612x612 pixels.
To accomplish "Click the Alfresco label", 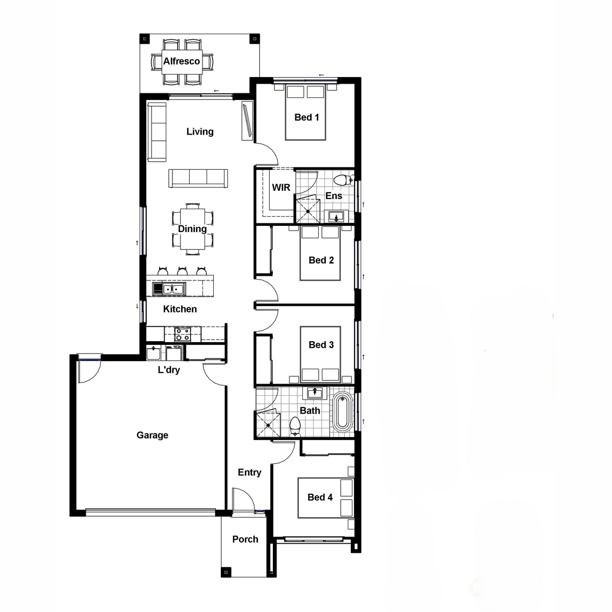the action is point(182,61).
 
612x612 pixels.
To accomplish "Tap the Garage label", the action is point(152,435).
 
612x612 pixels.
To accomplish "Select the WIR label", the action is point(281,187).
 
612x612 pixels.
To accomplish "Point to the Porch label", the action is point(245,539).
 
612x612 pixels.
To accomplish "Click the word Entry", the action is point(249,472).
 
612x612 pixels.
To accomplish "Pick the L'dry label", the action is point(169,370).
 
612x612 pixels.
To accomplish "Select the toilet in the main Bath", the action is point(295,427).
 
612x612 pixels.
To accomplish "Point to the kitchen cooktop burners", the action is point(183,334).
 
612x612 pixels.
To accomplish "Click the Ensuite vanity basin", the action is point(336,217).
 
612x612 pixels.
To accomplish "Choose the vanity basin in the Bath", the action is point(315,393).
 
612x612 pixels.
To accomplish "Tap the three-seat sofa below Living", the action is point(198,178).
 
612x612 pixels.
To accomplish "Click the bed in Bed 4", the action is point(325,498).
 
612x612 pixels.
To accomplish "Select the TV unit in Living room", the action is point(247,120).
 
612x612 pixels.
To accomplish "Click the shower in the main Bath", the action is point(268,425).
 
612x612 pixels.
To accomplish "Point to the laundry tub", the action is point(154,353).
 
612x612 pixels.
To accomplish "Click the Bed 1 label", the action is point(307,117).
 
